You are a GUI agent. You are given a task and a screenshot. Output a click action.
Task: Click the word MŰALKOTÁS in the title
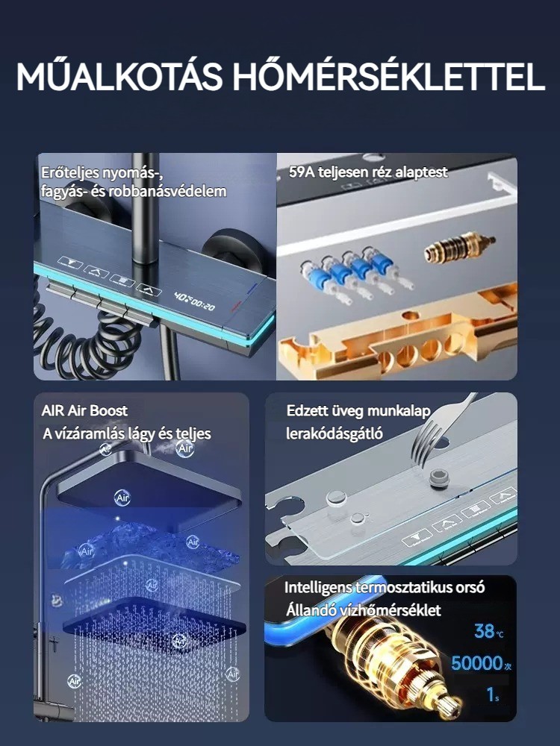119,75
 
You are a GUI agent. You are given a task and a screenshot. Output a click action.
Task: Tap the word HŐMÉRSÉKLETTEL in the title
388,75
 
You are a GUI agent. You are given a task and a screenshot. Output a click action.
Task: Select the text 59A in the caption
302,172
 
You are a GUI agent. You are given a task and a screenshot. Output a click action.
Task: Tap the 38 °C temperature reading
488,631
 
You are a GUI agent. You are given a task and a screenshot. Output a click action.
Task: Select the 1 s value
492,695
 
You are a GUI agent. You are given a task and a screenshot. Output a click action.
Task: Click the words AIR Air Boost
84,410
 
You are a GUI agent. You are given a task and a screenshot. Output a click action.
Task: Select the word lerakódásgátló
335,433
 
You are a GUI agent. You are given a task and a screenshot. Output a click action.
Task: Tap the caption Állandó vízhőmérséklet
364,610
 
